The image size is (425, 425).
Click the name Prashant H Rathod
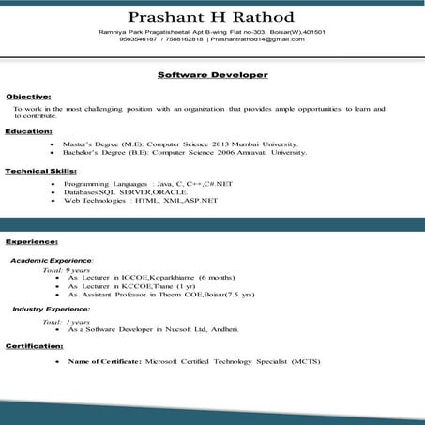(211, 16)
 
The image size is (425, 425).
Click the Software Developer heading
(212, 74)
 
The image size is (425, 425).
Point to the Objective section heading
(28, 97)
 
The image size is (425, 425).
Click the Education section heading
(28, 131)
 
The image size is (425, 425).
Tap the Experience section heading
(31, 241)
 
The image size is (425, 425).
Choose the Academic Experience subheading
(51, 259)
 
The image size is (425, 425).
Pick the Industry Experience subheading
(51, 308)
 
